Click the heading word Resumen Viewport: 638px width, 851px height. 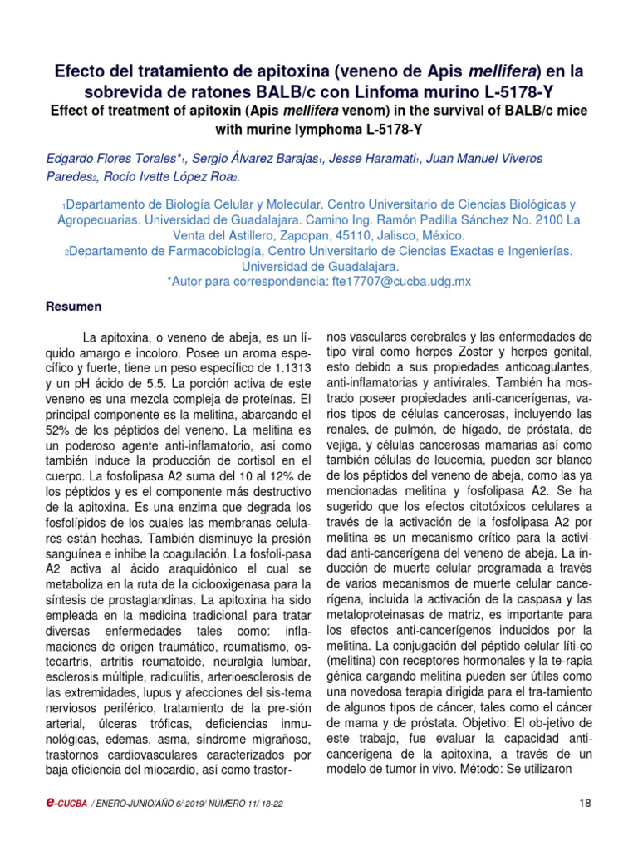(x=73, y=307)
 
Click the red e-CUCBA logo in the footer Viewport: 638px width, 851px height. (x=65, y=803)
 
